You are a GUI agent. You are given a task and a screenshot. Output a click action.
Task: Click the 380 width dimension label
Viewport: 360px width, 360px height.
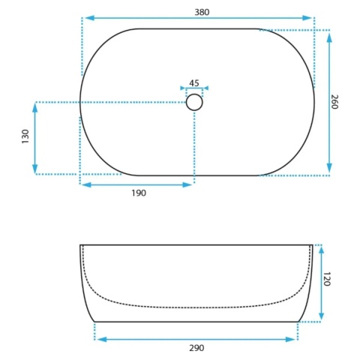tap(202, 12)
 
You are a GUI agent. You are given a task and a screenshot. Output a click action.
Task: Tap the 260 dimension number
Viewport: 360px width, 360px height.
tap(334, 102)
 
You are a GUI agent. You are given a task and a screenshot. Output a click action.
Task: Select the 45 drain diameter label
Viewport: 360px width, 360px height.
tap(194, 82)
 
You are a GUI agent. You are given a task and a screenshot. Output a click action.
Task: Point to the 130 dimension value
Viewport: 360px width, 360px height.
tap(25, 136)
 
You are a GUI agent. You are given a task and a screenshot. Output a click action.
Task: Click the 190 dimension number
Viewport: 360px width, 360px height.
tap(139, 193)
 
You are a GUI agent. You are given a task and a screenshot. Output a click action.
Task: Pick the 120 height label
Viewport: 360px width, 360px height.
tap(327, 279)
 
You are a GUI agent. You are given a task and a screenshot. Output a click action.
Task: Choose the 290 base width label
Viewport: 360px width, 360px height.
tap(196, 348)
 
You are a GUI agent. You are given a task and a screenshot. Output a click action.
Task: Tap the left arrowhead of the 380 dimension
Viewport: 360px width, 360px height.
tap(89, 18)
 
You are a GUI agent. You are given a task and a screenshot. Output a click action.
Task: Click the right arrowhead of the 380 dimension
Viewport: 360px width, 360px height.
tap(307, 18)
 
